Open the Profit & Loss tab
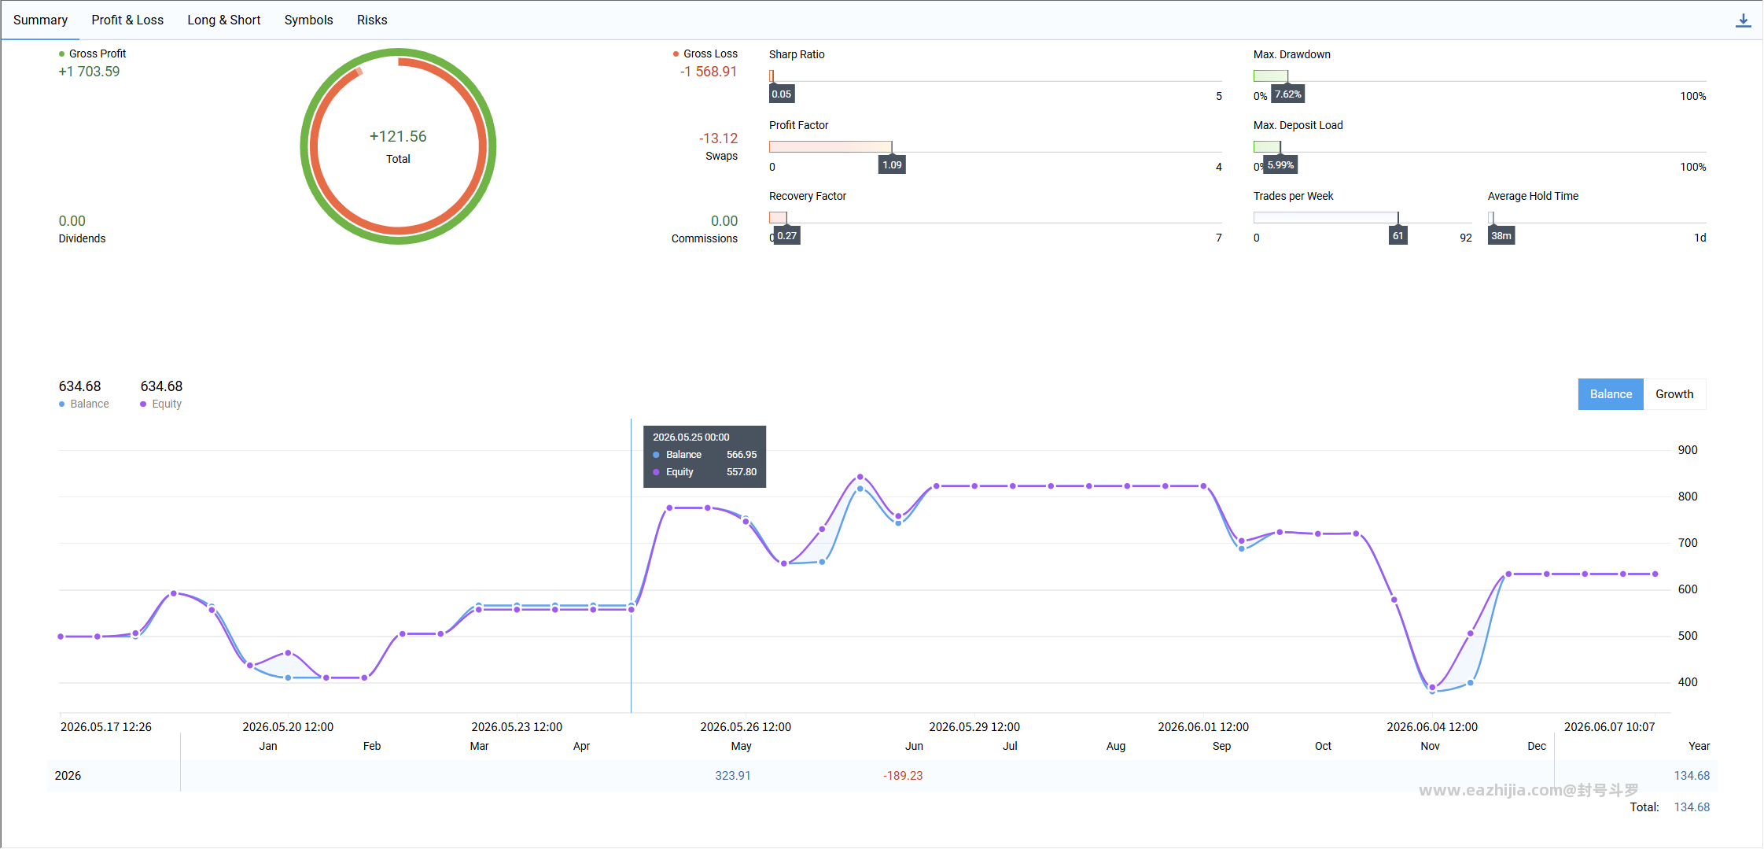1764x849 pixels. pyautogui.click(x=127, y=20)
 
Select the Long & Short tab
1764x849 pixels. pyautogui.click(x=223, y=20)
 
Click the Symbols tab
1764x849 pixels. pyautogui.click(x=308, y=20)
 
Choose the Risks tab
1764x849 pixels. pyautogui.click(x=372, y=20)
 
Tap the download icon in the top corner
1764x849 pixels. pyautogui.click(x=1743, y=20)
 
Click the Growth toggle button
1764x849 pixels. pyautogui.click(x=1674, y=394)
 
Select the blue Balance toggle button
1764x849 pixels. pyautogui.click(x=1611, y=394)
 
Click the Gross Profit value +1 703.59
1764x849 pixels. pyautogui.click(x=89, y=72)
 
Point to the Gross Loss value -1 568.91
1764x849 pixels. pyautogui.click(x=709, y=72)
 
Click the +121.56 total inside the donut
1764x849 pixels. pyautogui.click(x=398, y=136)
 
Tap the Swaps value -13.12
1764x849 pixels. pyautogui.click(x=718, y=138)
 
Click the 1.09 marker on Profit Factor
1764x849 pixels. pyautogui.click(x=892, y=165)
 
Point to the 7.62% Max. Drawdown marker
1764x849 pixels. pyautogui.click(x=1288, y=94)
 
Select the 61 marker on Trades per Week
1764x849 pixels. pyautogui.click(x=1398, y=236)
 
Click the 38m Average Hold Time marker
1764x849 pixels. pyautogui.click(x=1501, y=236)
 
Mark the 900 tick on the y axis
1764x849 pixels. pyautogui.click(x=1688, y=450)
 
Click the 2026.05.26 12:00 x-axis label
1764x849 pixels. pyautogui.click(x=746, y=727)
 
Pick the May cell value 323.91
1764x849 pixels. pyautogui.click(x=733, y=776)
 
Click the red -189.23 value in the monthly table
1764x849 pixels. pyautogui.click(x=903, y=776)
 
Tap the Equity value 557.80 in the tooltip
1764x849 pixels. pyautogui.click(x=742, y=472)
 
